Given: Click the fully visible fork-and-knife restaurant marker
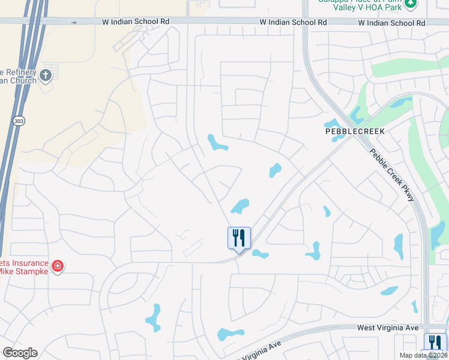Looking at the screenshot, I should coord(238,238).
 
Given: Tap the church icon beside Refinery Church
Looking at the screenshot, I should coord(46,76).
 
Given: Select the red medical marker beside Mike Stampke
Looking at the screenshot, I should coord(58,265).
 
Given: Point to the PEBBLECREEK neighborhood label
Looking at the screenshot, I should coord(354,130).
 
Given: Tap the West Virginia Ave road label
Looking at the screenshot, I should coord(387,328).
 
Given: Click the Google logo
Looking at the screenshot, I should coord(19,353).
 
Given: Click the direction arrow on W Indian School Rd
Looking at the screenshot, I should coord(74,22).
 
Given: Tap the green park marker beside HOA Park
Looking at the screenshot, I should coord(411,3).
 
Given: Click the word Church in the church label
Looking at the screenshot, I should coord(25,80).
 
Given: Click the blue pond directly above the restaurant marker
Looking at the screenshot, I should coord(240,206).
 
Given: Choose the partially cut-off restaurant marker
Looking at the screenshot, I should coord(435,344).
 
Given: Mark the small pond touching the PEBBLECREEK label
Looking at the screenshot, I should coord(336,137).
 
